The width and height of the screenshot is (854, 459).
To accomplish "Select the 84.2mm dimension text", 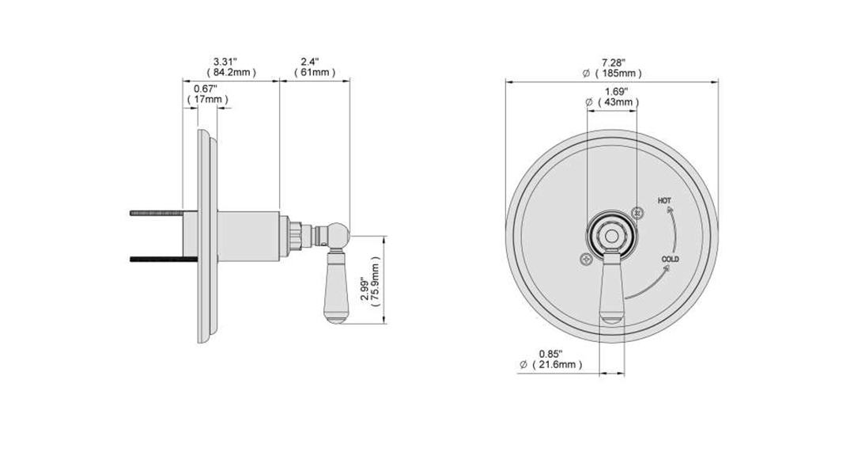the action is [232, 73].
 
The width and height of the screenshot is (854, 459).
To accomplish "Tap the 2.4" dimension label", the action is [309, 62].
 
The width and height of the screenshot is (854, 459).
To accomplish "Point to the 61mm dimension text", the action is [315, 73].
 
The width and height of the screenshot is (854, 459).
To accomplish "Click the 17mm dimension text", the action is [208, 99].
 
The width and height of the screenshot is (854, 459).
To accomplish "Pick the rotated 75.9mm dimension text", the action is [375, 286].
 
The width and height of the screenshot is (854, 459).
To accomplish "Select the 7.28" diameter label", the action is [614, 63].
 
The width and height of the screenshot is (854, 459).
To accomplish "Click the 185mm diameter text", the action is [618, 73].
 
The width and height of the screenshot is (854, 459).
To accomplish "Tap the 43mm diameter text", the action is [618, 102].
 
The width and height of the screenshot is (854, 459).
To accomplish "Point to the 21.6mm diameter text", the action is [557, 364].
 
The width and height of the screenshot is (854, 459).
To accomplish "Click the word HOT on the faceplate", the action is [664, 200].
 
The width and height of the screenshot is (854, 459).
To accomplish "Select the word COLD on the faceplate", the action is [671, 259].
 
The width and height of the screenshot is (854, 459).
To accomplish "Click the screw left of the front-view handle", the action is [586, 260].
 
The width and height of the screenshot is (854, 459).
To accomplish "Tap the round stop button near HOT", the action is [638, 213].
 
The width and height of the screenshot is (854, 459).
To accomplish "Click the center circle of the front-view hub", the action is [612, 236].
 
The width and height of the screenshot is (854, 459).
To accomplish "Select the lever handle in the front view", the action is [611, 287].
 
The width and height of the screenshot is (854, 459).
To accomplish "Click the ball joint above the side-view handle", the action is [338, 234].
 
